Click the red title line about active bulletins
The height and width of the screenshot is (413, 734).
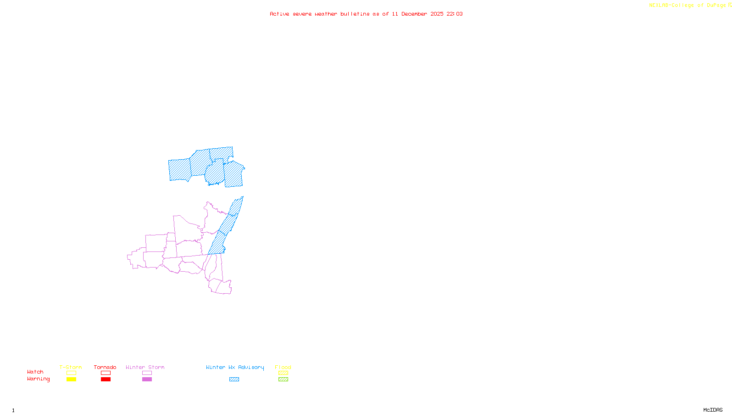coord(366,14)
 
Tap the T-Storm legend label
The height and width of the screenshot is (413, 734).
coord(71,367)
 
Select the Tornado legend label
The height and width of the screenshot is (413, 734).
coord(105,367)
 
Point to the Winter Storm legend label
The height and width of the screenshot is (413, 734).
coord(145,367)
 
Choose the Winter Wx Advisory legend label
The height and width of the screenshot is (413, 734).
coord(235,367)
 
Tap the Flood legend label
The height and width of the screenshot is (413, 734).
coord(283,367)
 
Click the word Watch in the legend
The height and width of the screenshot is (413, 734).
coord(35,372)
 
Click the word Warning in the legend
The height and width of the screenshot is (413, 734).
coord(39,379)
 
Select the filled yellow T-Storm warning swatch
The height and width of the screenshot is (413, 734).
coord(71,380)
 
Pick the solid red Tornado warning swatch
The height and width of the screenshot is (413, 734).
coord(106,380)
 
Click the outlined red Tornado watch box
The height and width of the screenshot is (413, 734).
coord(106,373)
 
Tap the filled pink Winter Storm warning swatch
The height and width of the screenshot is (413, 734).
coord(147,380)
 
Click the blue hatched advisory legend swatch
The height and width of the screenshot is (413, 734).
coord(234,380)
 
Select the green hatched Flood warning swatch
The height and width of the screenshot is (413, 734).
coord(283,380)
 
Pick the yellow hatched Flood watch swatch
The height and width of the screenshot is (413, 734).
coord(283,373)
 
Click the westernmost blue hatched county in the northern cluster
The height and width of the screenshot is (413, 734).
coord(179,169)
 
